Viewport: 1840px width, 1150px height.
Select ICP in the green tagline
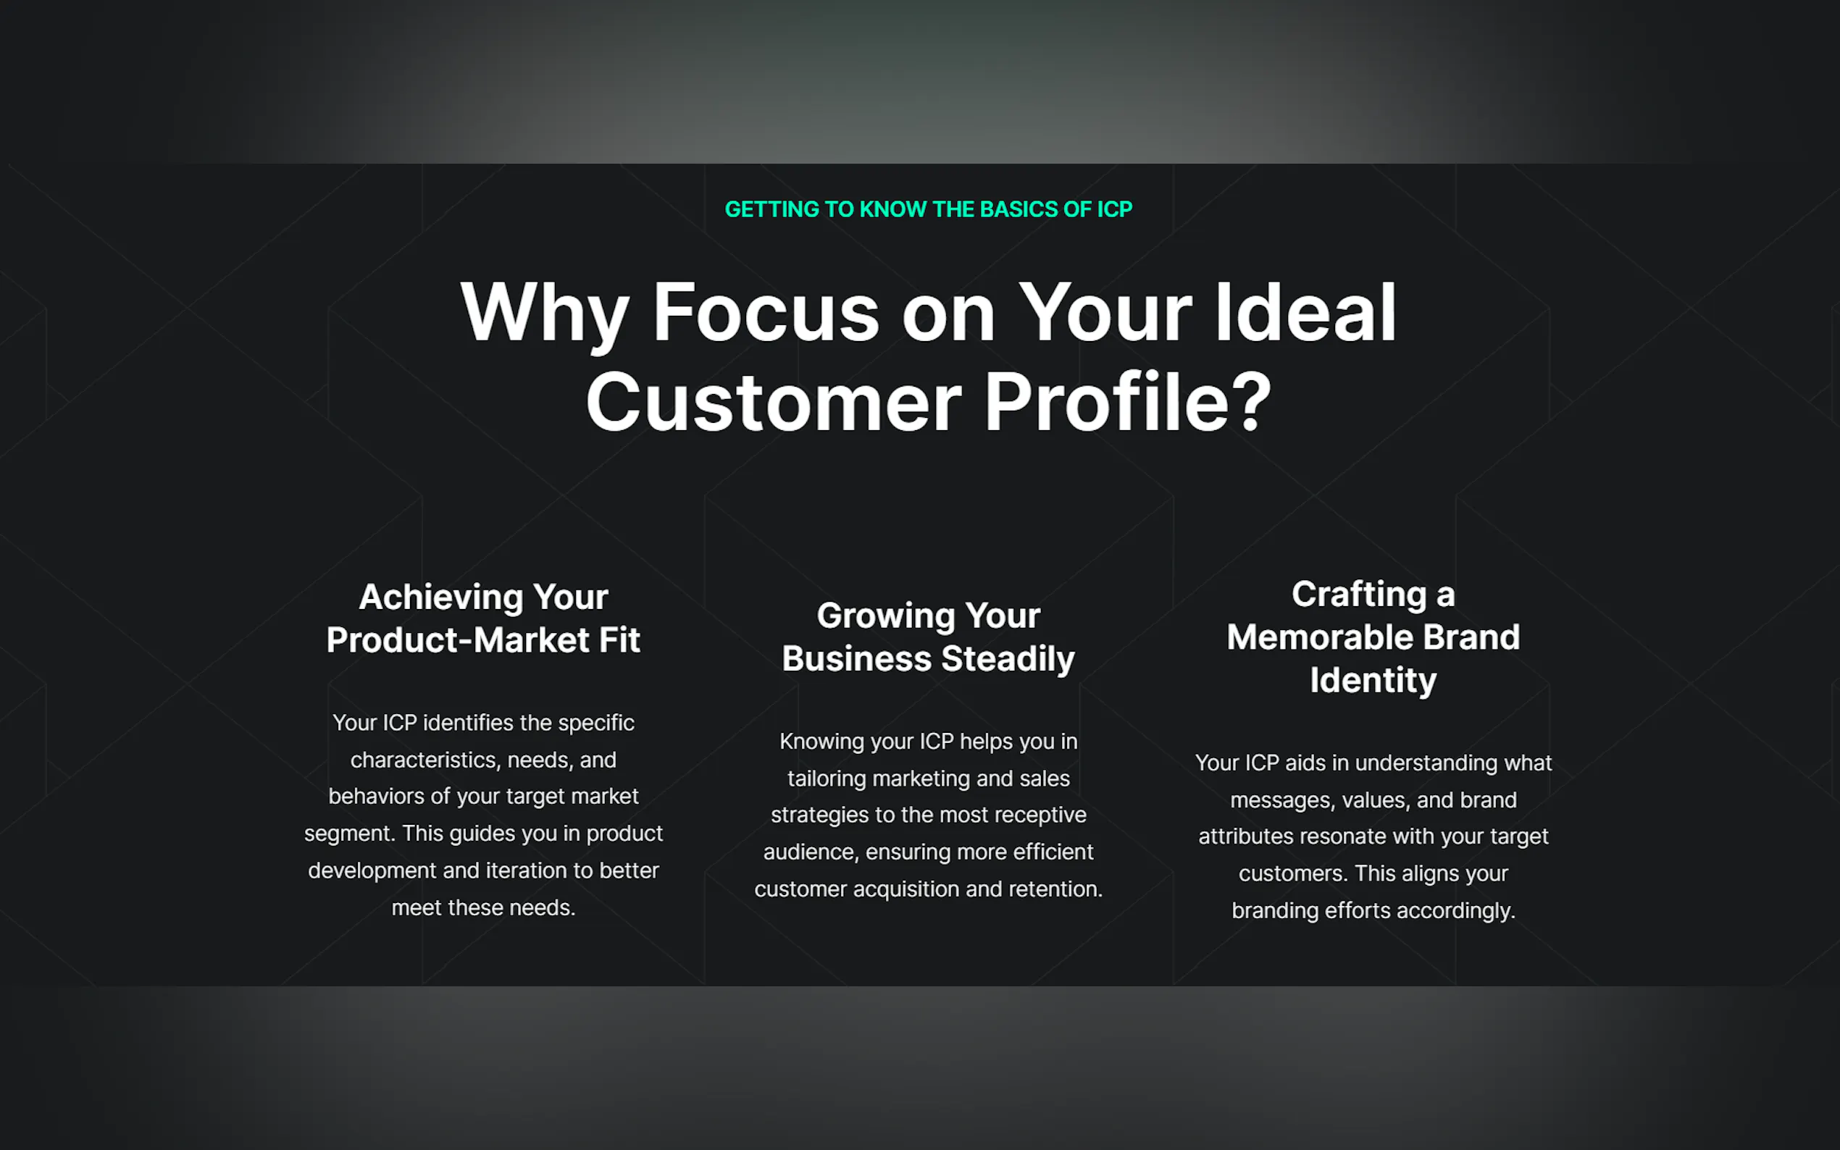1113,209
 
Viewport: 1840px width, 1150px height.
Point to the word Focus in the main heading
765,314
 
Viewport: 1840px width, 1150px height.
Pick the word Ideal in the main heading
1305,314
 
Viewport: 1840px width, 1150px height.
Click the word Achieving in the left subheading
440,597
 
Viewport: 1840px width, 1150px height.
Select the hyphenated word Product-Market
457,639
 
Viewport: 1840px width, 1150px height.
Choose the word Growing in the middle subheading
885,616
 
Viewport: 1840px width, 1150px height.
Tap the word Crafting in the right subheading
1358,594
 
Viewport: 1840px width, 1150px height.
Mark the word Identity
1373,680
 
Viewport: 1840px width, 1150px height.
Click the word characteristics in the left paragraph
422,760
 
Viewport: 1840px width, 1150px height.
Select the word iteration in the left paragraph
526,870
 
